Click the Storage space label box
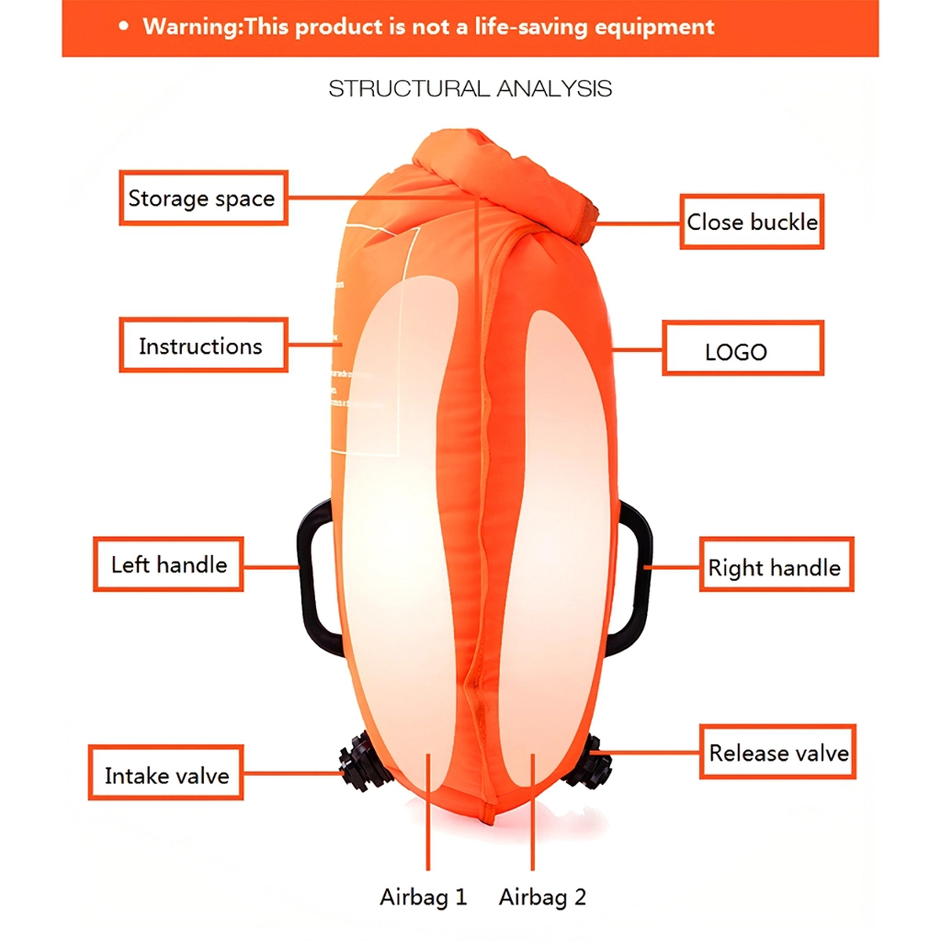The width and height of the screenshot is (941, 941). pyautogui.click(x=203, y=198)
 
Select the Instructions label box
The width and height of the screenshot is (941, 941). pyautogui.click(x=203, y=346)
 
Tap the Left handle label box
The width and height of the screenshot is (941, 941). pyautogui.click(x=169, y=565)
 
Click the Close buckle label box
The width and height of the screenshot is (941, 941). pyautogui.click(x=751, y=222)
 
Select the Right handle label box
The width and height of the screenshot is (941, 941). pyautogui.click(x=776, y=565)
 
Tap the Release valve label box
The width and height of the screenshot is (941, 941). pyautogui.click(x=777, y=752)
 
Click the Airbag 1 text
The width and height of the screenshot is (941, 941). pyautogui.click(x=423, y=897)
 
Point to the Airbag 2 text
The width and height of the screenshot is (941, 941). pyautogui.click(x=543, y=897)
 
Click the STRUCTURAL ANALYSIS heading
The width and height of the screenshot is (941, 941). pyautogui.click(x=470, y=89)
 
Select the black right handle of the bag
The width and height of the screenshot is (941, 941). pyautogui.click(x=641, y=580)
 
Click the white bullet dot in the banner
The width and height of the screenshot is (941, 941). pyautogui.click(x=123, y=27)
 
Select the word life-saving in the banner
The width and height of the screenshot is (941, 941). pyautogui.click(x=531, y=27)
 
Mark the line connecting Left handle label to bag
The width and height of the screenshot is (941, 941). pyautogui.click(x=271, y=566)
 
